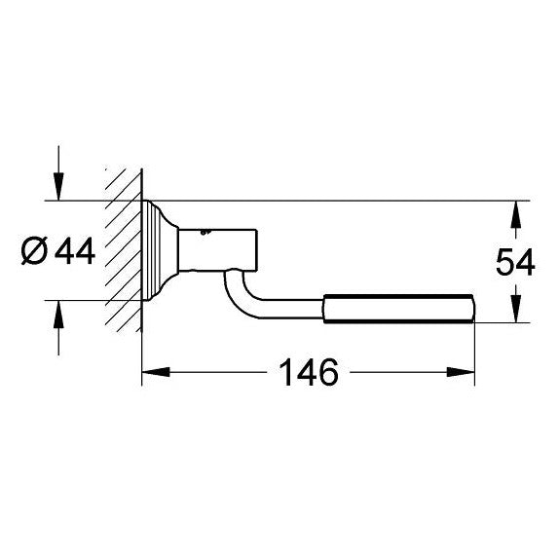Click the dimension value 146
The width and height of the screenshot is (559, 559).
[309, 372]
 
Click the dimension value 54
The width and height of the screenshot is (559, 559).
[515, 262]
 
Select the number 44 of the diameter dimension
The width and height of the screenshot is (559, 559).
[75, 251]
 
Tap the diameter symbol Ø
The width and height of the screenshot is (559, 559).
[34, 251]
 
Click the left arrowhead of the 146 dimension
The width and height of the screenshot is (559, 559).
[156, 372]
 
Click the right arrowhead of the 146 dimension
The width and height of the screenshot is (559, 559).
[461, 372]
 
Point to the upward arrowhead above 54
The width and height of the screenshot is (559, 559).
[516, 214]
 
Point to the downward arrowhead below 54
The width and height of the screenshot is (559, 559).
[516, 309]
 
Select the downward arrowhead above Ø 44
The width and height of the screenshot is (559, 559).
[58, 187]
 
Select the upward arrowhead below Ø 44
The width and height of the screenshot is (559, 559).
[58, 315]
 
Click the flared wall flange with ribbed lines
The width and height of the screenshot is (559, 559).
[160, 250]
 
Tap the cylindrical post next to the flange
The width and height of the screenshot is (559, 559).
[217, 250]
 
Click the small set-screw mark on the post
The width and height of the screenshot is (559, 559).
[205, 232]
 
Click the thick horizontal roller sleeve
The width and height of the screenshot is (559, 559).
[399, 309]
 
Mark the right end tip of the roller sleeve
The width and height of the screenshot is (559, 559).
[474, 309]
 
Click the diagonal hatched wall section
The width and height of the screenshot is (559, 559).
[124, 250]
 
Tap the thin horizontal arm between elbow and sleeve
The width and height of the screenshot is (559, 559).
[291, 309]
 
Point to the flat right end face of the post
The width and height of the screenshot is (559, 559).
[256, 250]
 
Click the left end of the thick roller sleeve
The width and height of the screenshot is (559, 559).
[324, 309]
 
